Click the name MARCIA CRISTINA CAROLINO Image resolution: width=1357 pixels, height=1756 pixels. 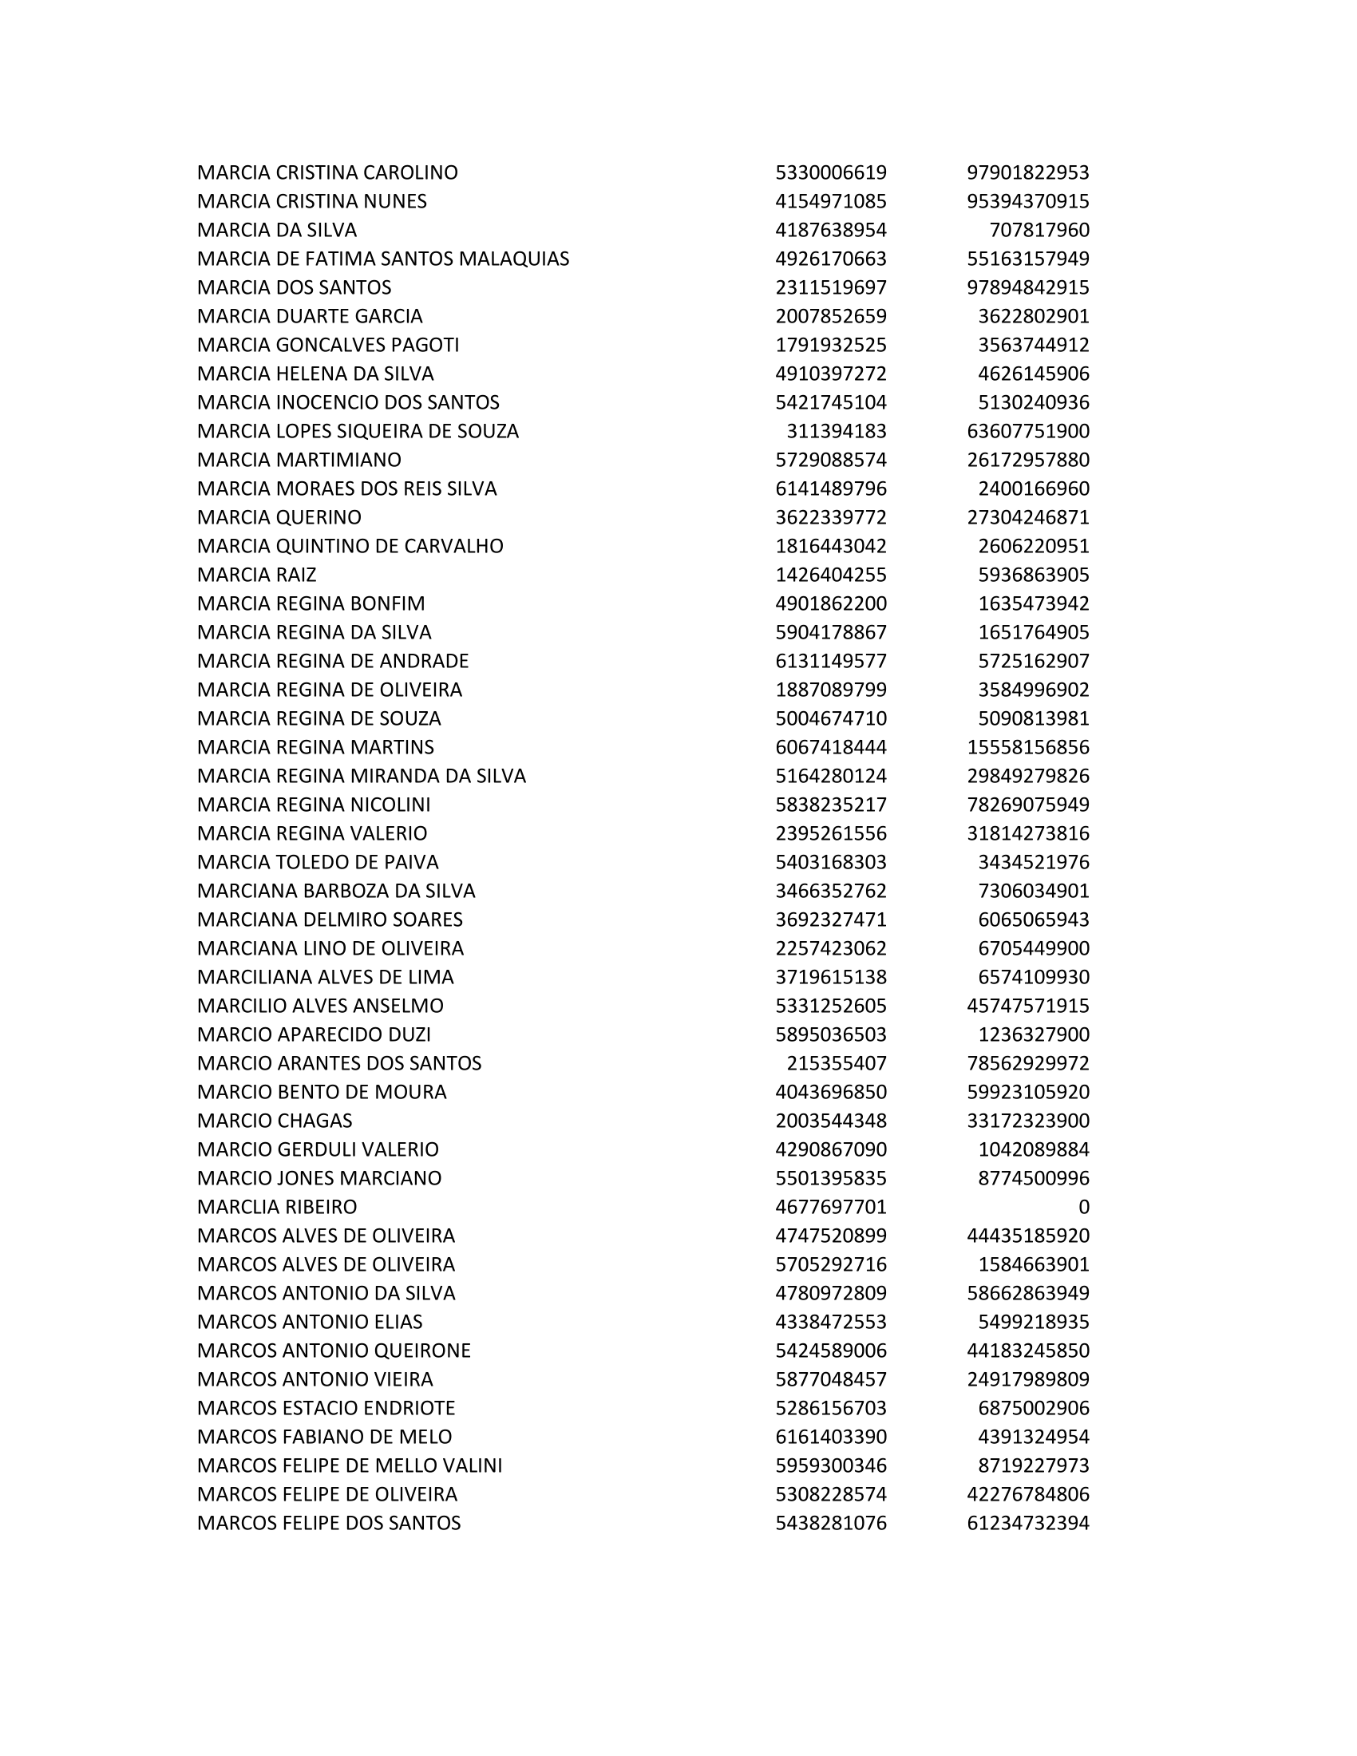pos(327,173)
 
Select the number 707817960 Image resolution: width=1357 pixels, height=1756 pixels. pos(1039,230)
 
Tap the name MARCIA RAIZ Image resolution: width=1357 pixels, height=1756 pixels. pos(256,575)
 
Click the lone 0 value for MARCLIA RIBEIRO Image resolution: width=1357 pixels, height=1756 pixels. pos(1083,1207)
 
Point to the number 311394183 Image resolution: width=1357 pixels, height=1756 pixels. pos(836,431)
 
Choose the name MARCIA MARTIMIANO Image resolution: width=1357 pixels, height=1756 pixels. pos(299,460)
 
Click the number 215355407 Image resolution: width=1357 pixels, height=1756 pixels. pos(836,1063)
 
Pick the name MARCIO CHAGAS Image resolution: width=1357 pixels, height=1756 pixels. pos(275,1121)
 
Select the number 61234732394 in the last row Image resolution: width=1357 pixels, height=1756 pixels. pos(1027,1523)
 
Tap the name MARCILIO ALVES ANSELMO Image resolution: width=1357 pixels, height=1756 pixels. pos(320,1006)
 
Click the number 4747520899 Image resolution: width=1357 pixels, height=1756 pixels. pos(830,1236)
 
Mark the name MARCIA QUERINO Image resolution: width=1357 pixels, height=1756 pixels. pos(279,517)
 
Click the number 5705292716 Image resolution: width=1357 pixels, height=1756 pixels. pos(830,1264)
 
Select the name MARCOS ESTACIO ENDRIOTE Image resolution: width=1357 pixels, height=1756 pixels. pos(326,1408)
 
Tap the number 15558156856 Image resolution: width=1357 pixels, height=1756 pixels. pos(1027,747)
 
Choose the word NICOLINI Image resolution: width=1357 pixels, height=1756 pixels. pos(390,805)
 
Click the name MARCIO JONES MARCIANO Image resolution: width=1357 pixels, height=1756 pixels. pos(319,1178)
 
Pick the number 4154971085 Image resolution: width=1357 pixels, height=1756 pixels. pos(830,201)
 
